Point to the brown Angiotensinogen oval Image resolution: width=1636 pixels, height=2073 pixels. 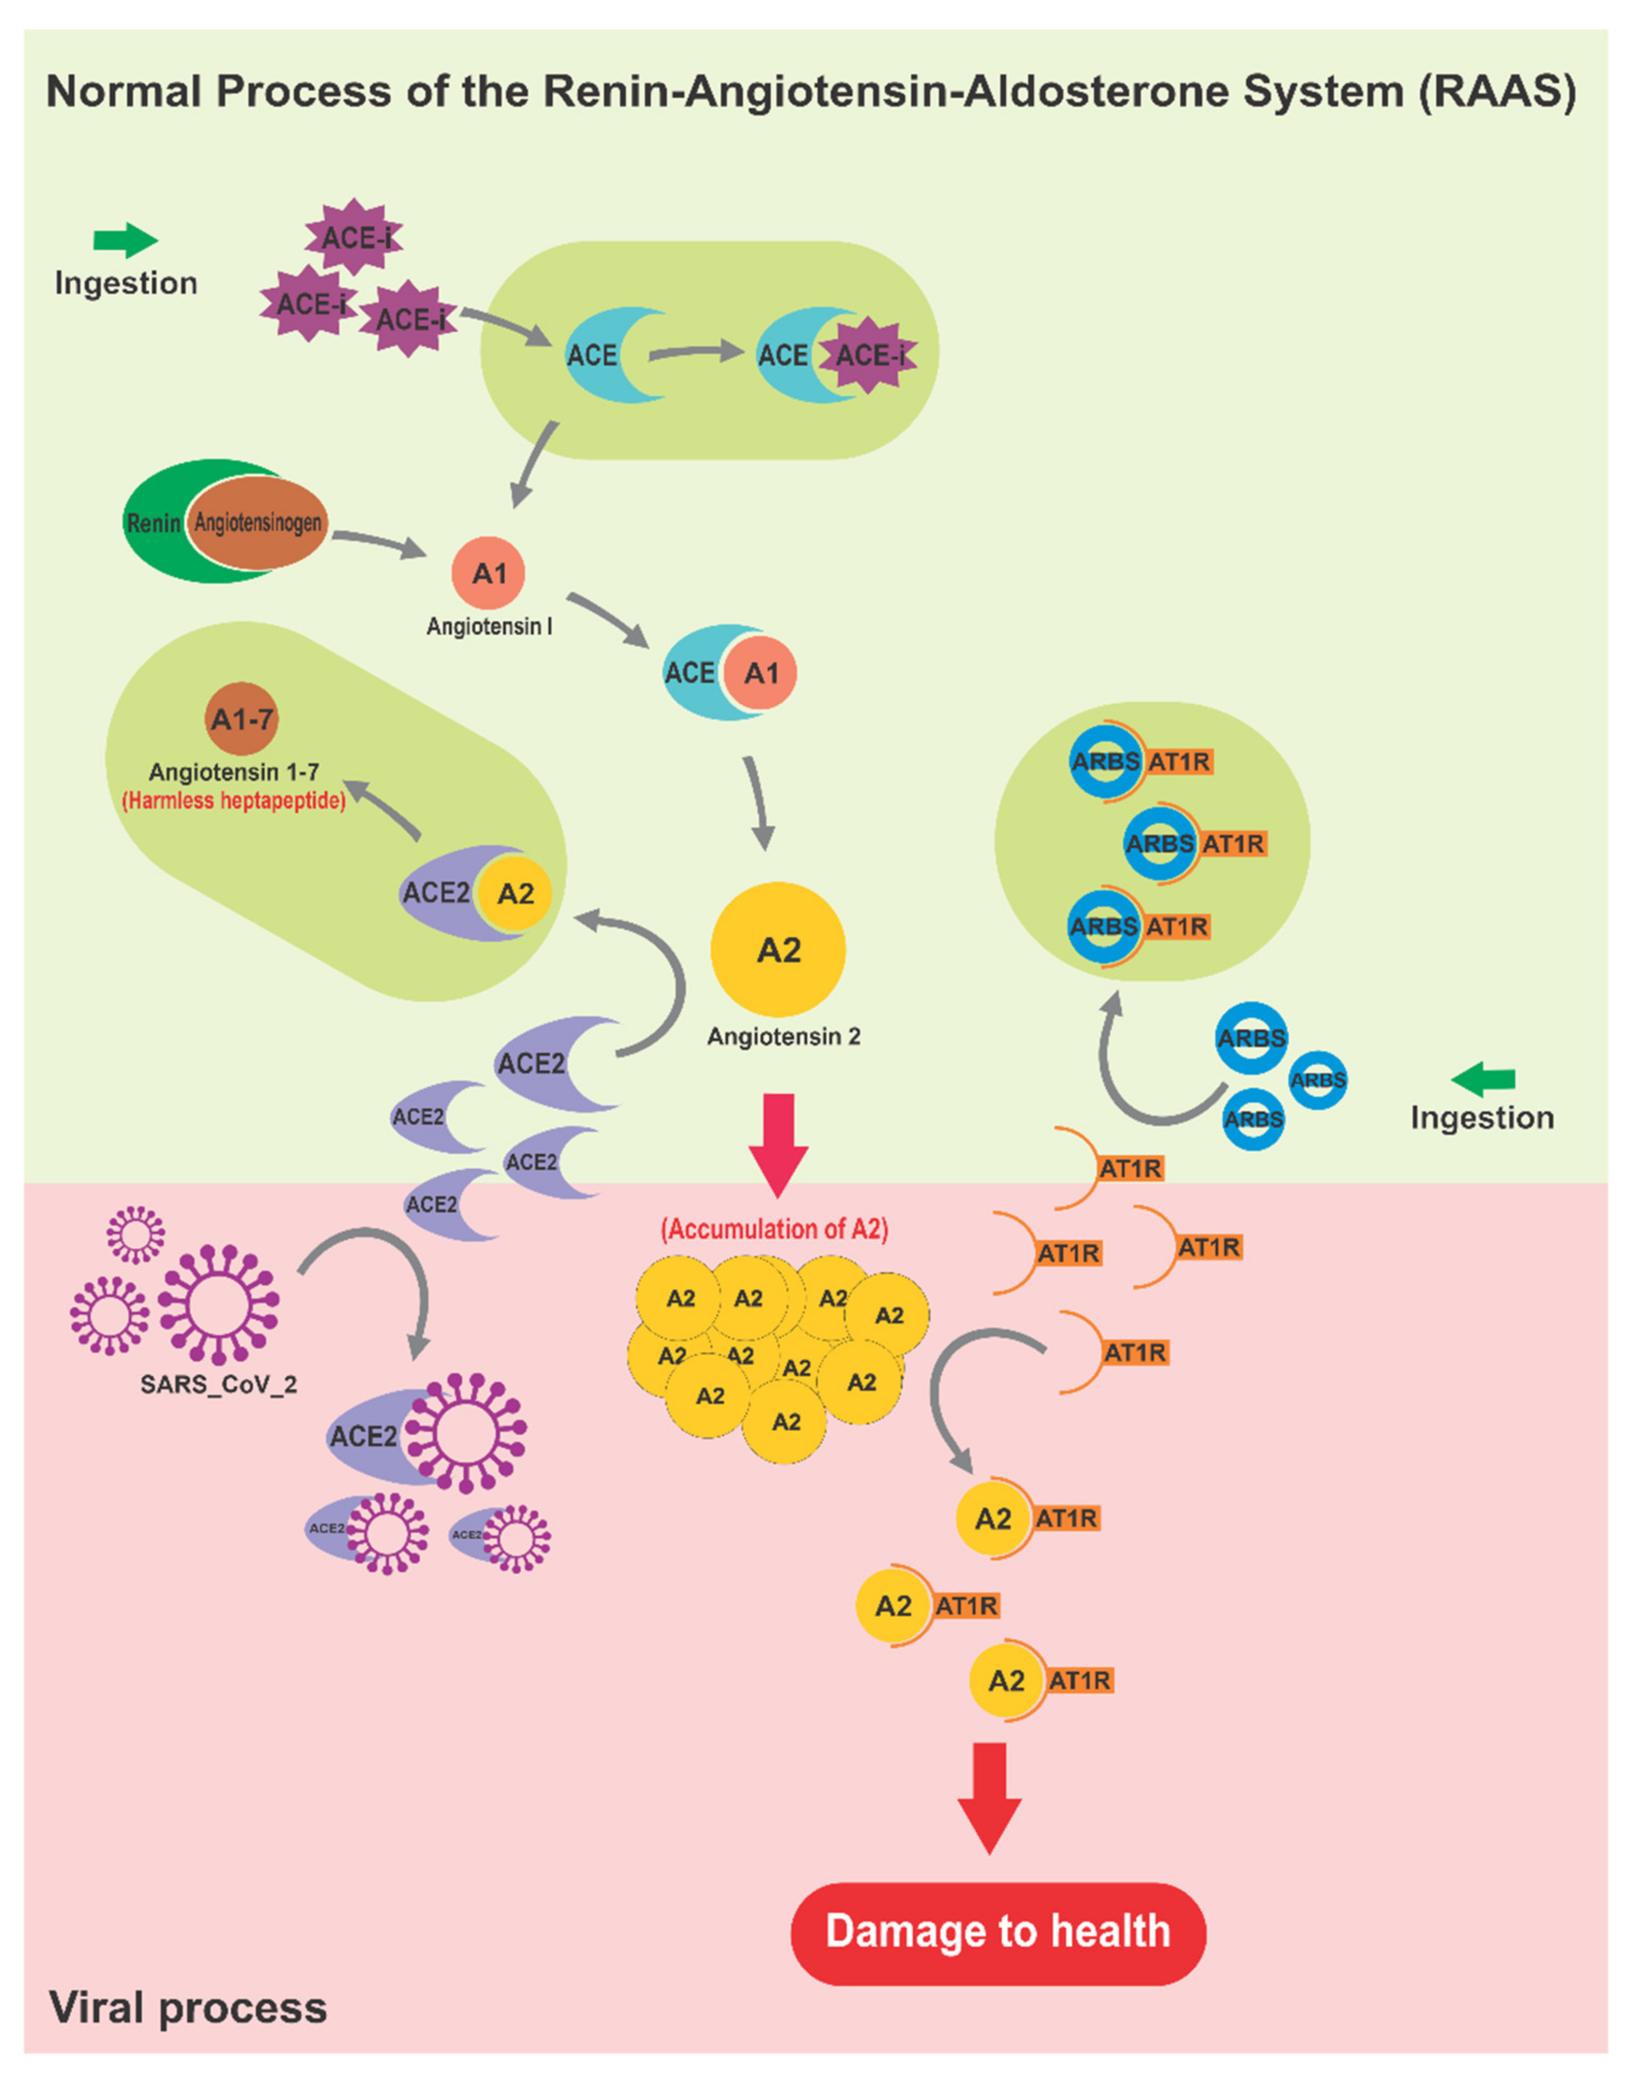coord(257,522)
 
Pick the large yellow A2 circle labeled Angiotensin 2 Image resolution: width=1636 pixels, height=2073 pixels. coord(778,949)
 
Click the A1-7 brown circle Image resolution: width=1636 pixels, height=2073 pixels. coord(242,718)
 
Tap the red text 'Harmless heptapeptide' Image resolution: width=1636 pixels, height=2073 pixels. coord(233,801)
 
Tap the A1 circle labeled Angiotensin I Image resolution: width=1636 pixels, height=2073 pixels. coord(489,573)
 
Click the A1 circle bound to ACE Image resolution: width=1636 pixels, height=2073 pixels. coord(760,673)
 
